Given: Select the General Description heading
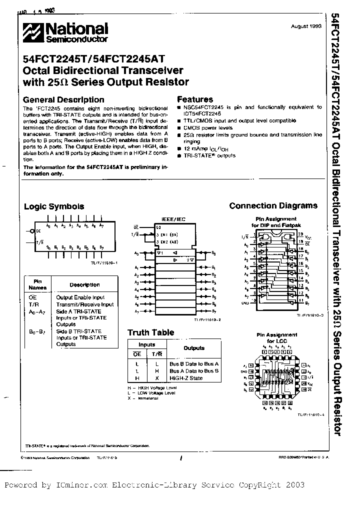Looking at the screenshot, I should click(64, 99).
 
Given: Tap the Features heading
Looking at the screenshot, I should click(195, 99).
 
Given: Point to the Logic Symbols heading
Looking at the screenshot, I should click(54, 206).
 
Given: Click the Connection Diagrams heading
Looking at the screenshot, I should click(273, 205).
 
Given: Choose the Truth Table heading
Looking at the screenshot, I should click(150, 332).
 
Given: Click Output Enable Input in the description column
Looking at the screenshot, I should click(80, 297).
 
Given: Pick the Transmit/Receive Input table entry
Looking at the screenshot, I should click(84, 304).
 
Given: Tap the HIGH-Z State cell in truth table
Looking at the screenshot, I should click(186, 378).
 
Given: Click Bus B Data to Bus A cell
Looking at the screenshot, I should click(194, 364).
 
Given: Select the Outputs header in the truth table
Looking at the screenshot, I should click(194, 348).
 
